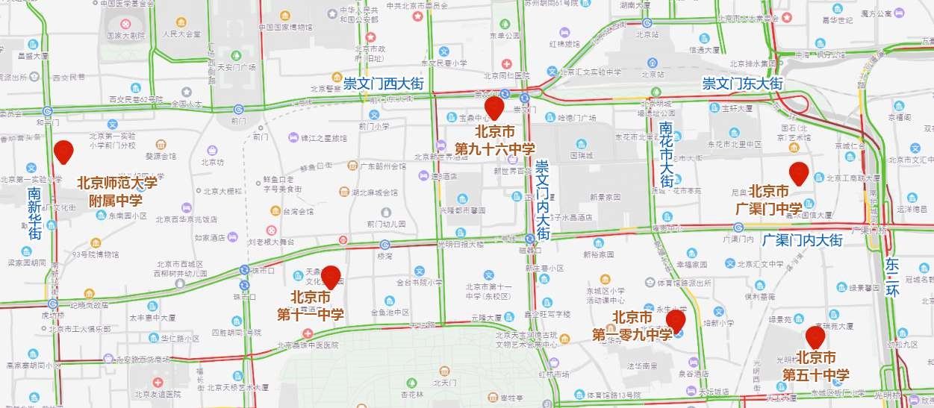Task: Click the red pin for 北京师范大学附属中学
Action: coord(63,151)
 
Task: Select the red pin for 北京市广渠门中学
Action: coord(799,173)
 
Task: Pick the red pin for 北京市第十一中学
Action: coord(330,277)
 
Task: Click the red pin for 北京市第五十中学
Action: coord(815,337)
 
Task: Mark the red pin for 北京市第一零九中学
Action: coord(676,321)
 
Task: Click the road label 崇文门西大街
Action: coord(383,84)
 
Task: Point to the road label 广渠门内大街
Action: coord(803,240)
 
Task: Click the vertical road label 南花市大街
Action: coord(667,154)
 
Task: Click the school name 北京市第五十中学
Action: coord(815,365)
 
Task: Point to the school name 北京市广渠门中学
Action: coord(779,199)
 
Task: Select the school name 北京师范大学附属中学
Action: coord(117,192)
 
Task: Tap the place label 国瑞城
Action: coord(582,156)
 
